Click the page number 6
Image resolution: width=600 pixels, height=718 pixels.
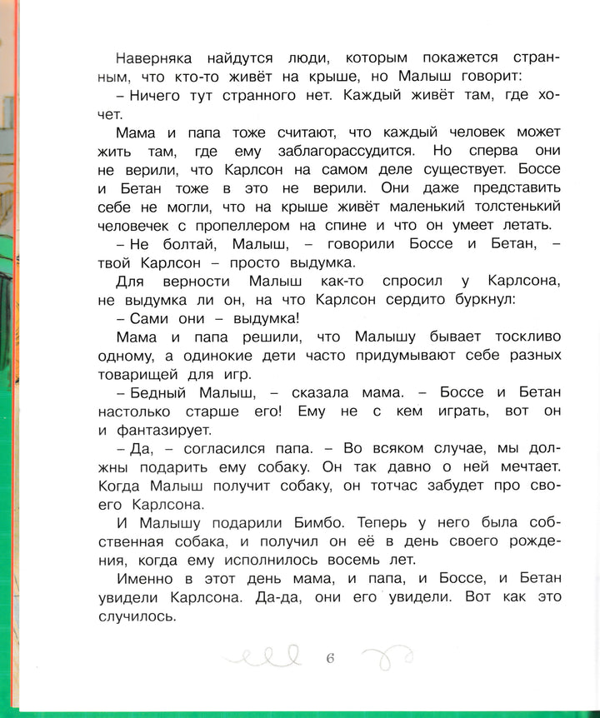pyautogui.click(x=329, y=659)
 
